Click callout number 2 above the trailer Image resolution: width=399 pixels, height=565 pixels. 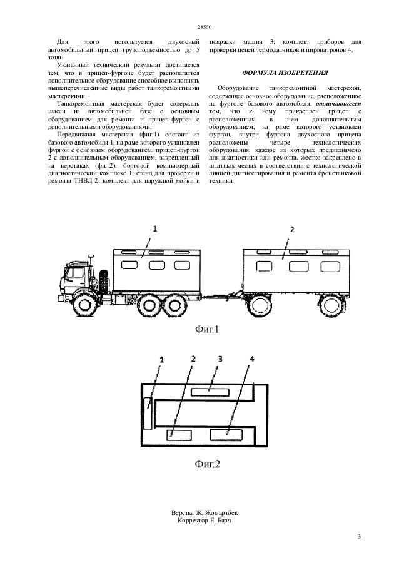pos(291,229)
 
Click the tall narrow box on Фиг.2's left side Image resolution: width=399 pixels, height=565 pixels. pos(148,413)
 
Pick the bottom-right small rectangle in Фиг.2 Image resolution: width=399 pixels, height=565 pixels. pos(225,434)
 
